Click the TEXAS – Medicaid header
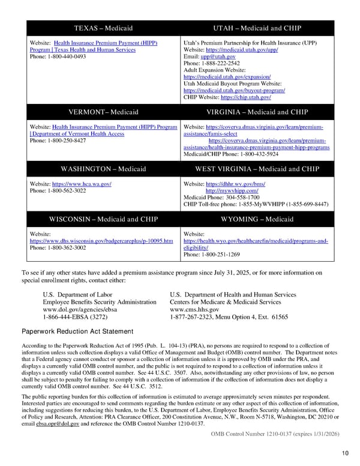click(x=103, y=28)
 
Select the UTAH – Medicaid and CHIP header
click(x=257, y=28)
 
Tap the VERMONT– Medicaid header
click(x=103, y=112)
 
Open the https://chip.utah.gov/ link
click(x=245, y=97)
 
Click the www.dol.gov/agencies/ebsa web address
click(x=78, y=309)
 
